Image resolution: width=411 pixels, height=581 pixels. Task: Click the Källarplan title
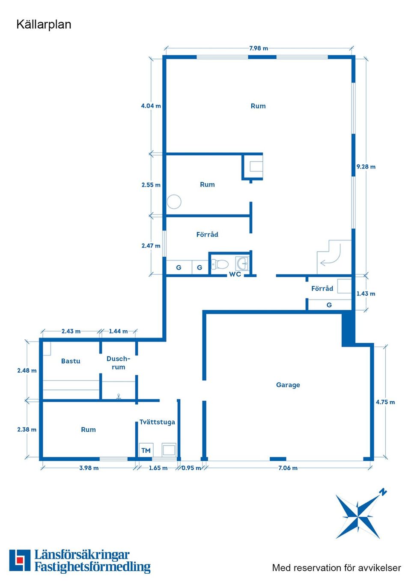click(x=44, y=25)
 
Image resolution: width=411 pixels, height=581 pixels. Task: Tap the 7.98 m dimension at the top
click(x=259, y=48)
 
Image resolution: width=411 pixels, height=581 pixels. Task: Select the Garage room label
click(x=288, y=385)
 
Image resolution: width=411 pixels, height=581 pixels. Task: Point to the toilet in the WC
click(x=220, y=264)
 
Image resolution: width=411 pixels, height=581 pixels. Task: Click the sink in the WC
click(x=242, y=263)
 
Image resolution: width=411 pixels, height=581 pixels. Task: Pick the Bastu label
click(x=71, y=361)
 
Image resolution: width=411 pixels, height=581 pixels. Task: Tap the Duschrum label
click(x=118, y=363)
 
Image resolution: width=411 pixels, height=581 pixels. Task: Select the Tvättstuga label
click(x=157, y=422)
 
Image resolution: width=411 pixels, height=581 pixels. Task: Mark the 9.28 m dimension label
click(x=366, y=167)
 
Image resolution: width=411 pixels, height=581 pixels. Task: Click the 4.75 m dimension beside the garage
click(x=385, y=402)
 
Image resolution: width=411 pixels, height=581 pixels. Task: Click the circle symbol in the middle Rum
click(x=174, y=202)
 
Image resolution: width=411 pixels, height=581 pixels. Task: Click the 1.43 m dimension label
click(x=366, y=293)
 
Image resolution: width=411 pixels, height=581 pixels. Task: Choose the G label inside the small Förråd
click(x=329, y=305)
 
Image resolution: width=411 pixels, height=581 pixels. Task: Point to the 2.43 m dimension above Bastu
click(x=71, y=331)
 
